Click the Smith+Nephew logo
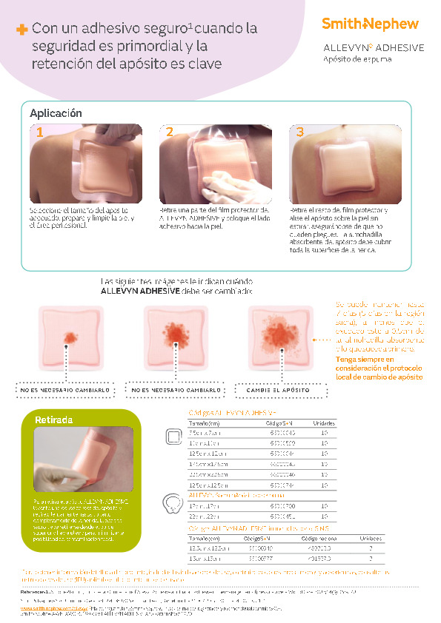pos(370,24)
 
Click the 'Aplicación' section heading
pos(56,113)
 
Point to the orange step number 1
pos(40,132)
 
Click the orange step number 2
pos(170,132)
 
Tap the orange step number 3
pos(299,132)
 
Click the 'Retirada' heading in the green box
pos(54,420)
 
